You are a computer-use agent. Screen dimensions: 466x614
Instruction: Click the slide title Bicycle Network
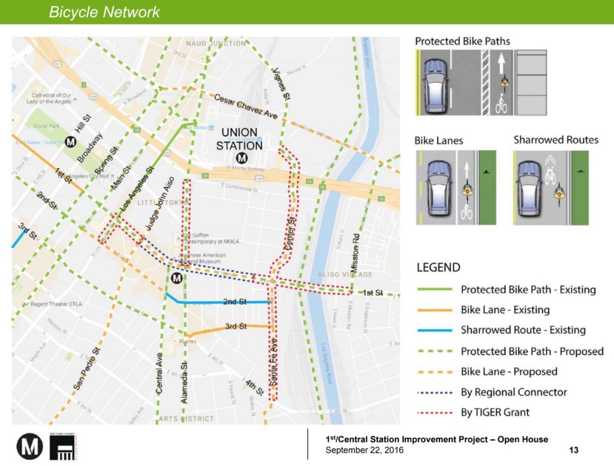coord(104,12)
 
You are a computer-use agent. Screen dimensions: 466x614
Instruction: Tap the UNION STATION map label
coord(239,139)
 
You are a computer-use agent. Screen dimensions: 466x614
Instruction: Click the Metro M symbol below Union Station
coord(242,158)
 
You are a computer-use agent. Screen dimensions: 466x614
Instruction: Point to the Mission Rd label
coord(355,255)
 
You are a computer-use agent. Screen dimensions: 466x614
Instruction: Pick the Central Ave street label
coord(159,374)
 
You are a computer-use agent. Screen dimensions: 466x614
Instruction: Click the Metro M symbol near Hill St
coord(70,142)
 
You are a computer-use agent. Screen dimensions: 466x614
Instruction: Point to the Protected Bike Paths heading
coord(462,41)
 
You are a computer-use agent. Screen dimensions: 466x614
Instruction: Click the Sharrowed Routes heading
coord(556,140)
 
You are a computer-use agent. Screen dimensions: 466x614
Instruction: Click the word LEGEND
coord(438,267)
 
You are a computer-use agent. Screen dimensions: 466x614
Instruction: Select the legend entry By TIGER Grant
coord(495,412)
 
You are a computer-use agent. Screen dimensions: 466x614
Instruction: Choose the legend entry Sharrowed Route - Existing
coord(523,330)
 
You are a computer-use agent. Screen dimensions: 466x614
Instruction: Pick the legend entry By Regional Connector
coord(513,392)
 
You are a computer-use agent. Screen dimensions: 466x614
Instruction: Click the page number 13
coord(573,450)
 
